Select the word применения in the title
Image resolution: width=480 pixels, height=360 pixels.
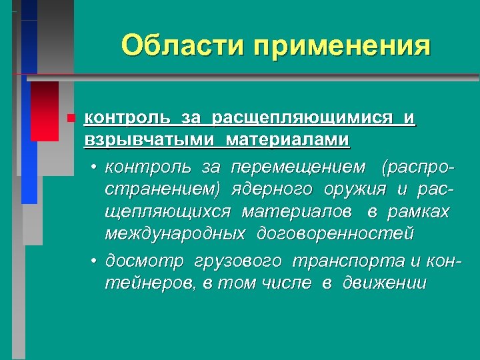click(x=343, y=47)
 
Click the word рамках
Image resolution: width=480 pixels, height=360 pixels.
click(x=420, y=211)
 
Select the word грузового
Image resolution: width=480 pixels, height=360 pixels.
click(x=237, y=260)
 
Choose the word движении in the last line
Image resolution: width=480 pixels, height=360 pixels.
click(x=384, y=283)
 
